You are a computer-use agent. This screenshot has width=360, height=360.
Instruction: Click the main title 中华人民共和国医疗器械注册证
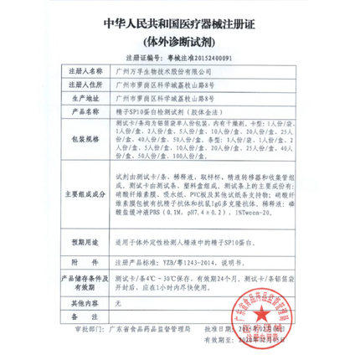tap(180, 23)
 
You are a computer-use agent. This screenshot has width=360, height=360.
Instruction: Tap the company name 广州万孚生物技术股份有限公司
tap(159, 72)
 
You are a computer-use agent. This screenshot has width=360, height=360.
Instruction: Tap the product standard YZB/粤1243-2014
tap(167, 260)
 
